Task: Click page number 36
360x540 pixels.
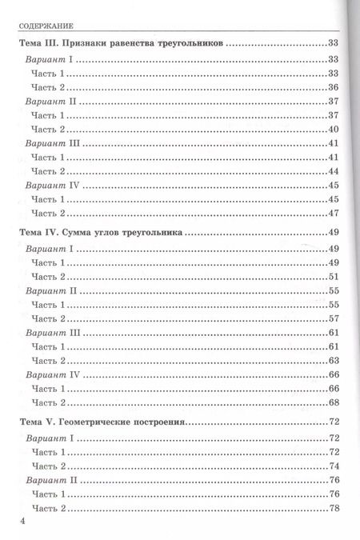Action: click(335, 87)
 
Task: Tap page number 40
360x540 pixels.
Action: click(335, 130)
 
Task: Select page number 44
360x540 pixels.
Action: click(335, 171)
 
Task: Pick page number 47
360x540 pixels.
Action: click(335, 213)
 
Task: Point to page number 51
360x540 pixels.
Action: click(335, 276)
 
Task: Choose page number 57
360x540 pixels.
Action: click(335, 318)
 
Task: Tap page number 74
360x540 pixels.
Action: click(335, 466)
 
